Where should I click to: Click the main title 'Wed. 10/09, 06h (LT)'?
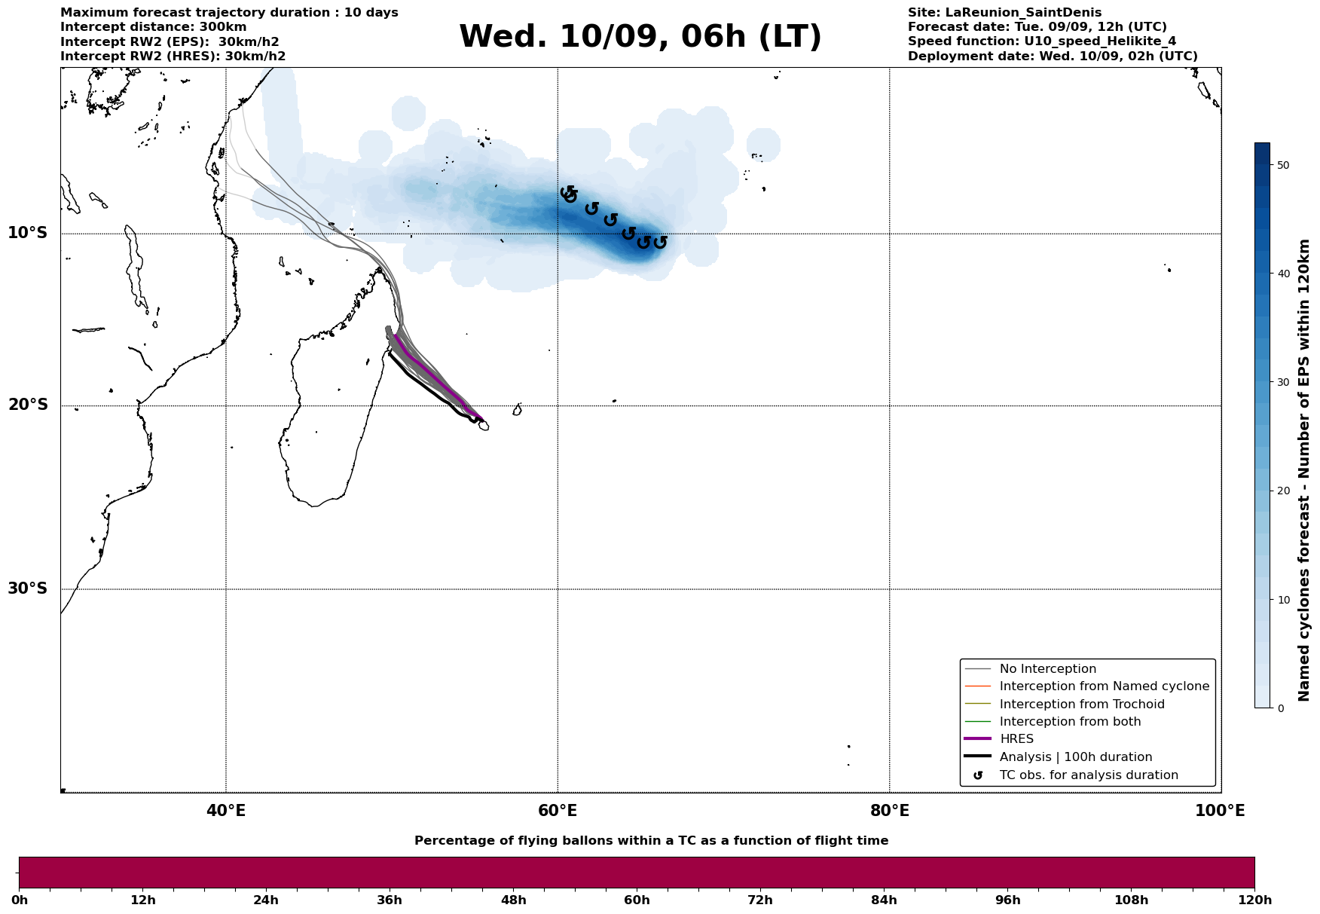click(640, 37)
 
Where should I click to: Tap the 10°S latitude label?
click(28, 233)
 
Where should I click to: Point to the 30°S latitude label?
click(28, 588)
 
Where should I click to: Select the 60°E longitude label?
click(558, 812)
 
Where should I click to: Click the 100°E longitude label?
click(1220, 812)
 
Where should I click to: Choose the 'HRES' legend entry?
click(1016, 739)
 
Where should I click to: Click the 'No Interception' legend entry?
click(1047, 669)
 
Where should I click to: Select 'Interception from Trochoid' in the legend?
click(1081, 705)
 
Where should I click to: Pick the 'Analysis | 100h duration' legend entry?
click(1075, 757)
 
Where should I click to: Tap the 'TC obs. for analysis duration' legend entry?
click(1088, 775)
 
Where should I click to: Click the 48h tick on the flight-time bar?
click(513, 900)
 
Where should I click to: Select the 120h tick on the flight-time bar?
click(1254, 900)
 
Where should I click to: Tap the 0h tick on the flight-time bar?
click(19, 900)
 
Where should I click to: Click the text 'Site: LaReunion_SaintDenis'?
click(1004, 13)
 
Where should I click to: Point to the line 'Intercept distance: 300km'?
click(153, 27)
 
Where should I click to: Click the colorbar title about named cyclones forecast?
click(1305, 470)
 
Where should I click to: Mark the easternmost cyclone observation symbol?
click(660, 243)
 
